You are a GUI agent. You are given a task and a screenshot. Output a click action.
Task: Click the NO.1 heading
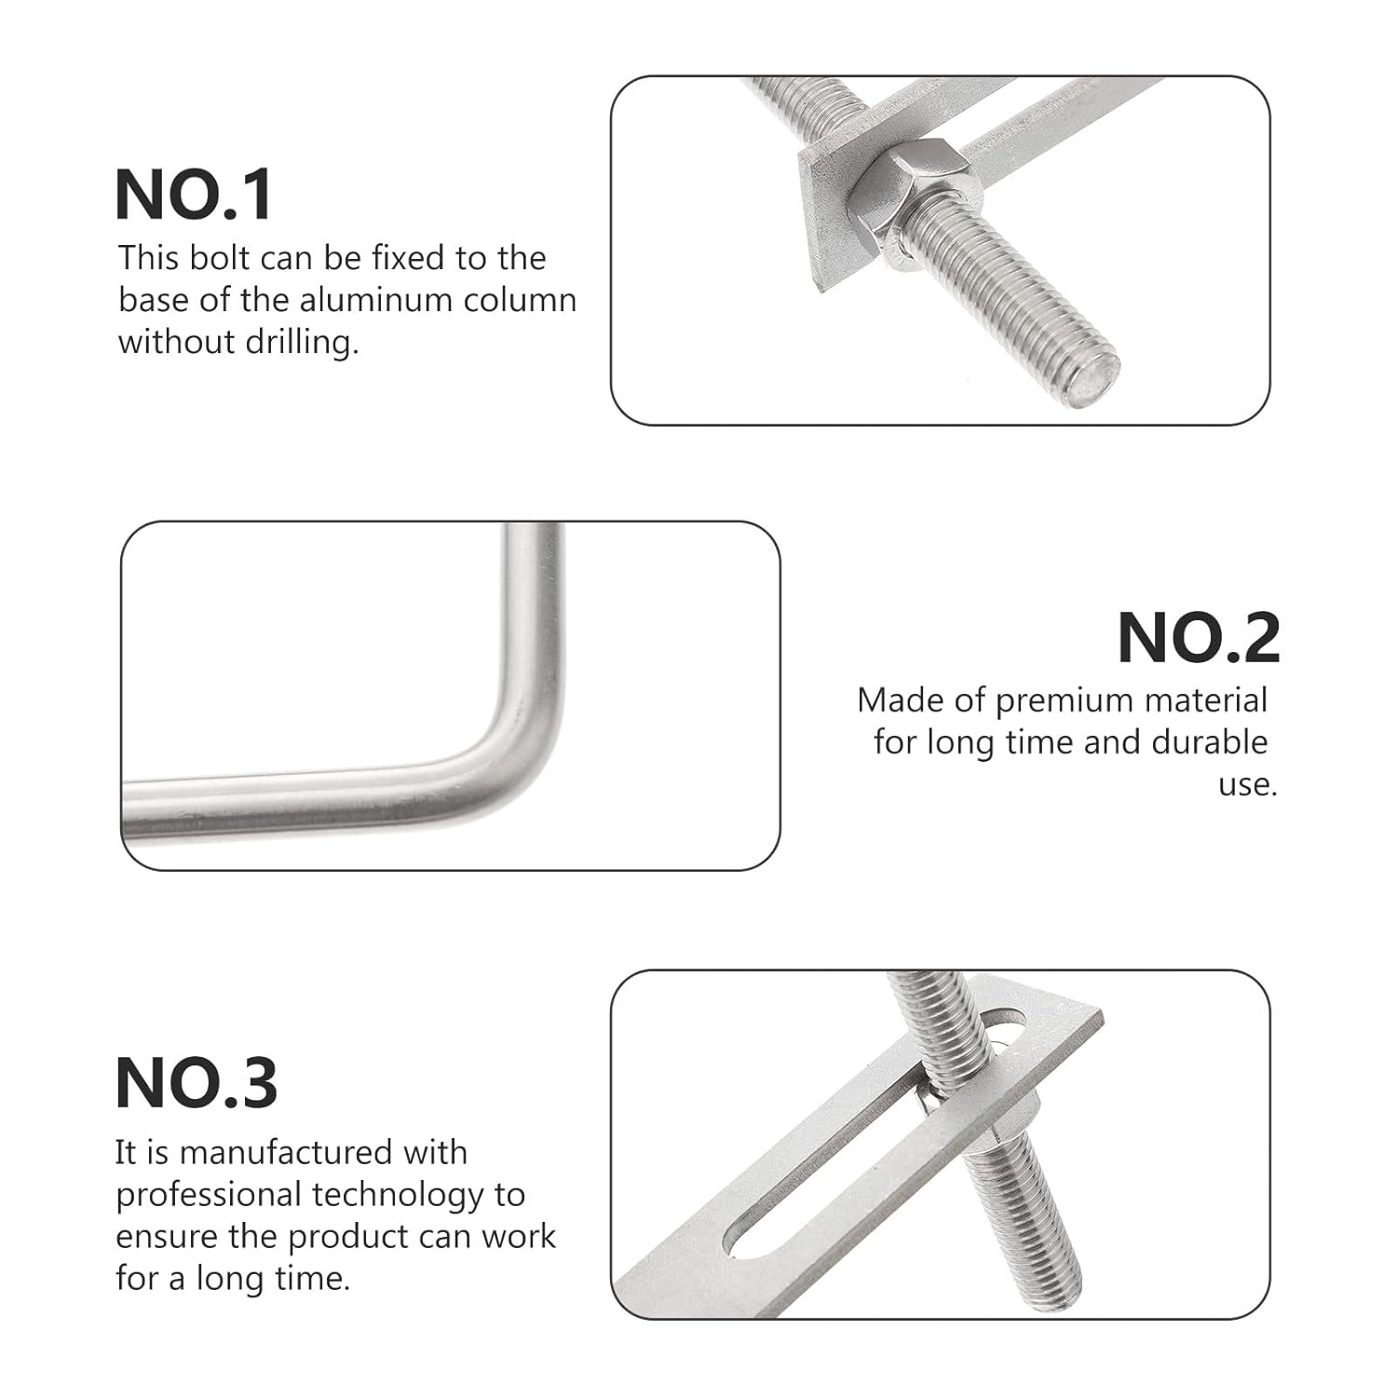pyautogui.click(x=194, y=195)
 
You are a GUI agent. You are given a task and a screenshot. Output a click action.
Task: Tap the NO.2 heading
pyautogui.click(x=1198, y=638)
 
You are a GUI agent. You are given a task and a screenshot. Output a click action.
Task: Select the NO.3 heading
pyautogui.click(x=197, y=1083)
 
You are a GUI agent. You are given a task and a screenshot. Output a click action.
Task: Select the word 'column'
pyautogui.click(x=528, y=300)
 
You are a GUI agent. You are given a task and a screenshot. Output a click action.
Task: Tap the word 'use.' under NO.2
pyautogui.click(x=1248, y=784)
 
